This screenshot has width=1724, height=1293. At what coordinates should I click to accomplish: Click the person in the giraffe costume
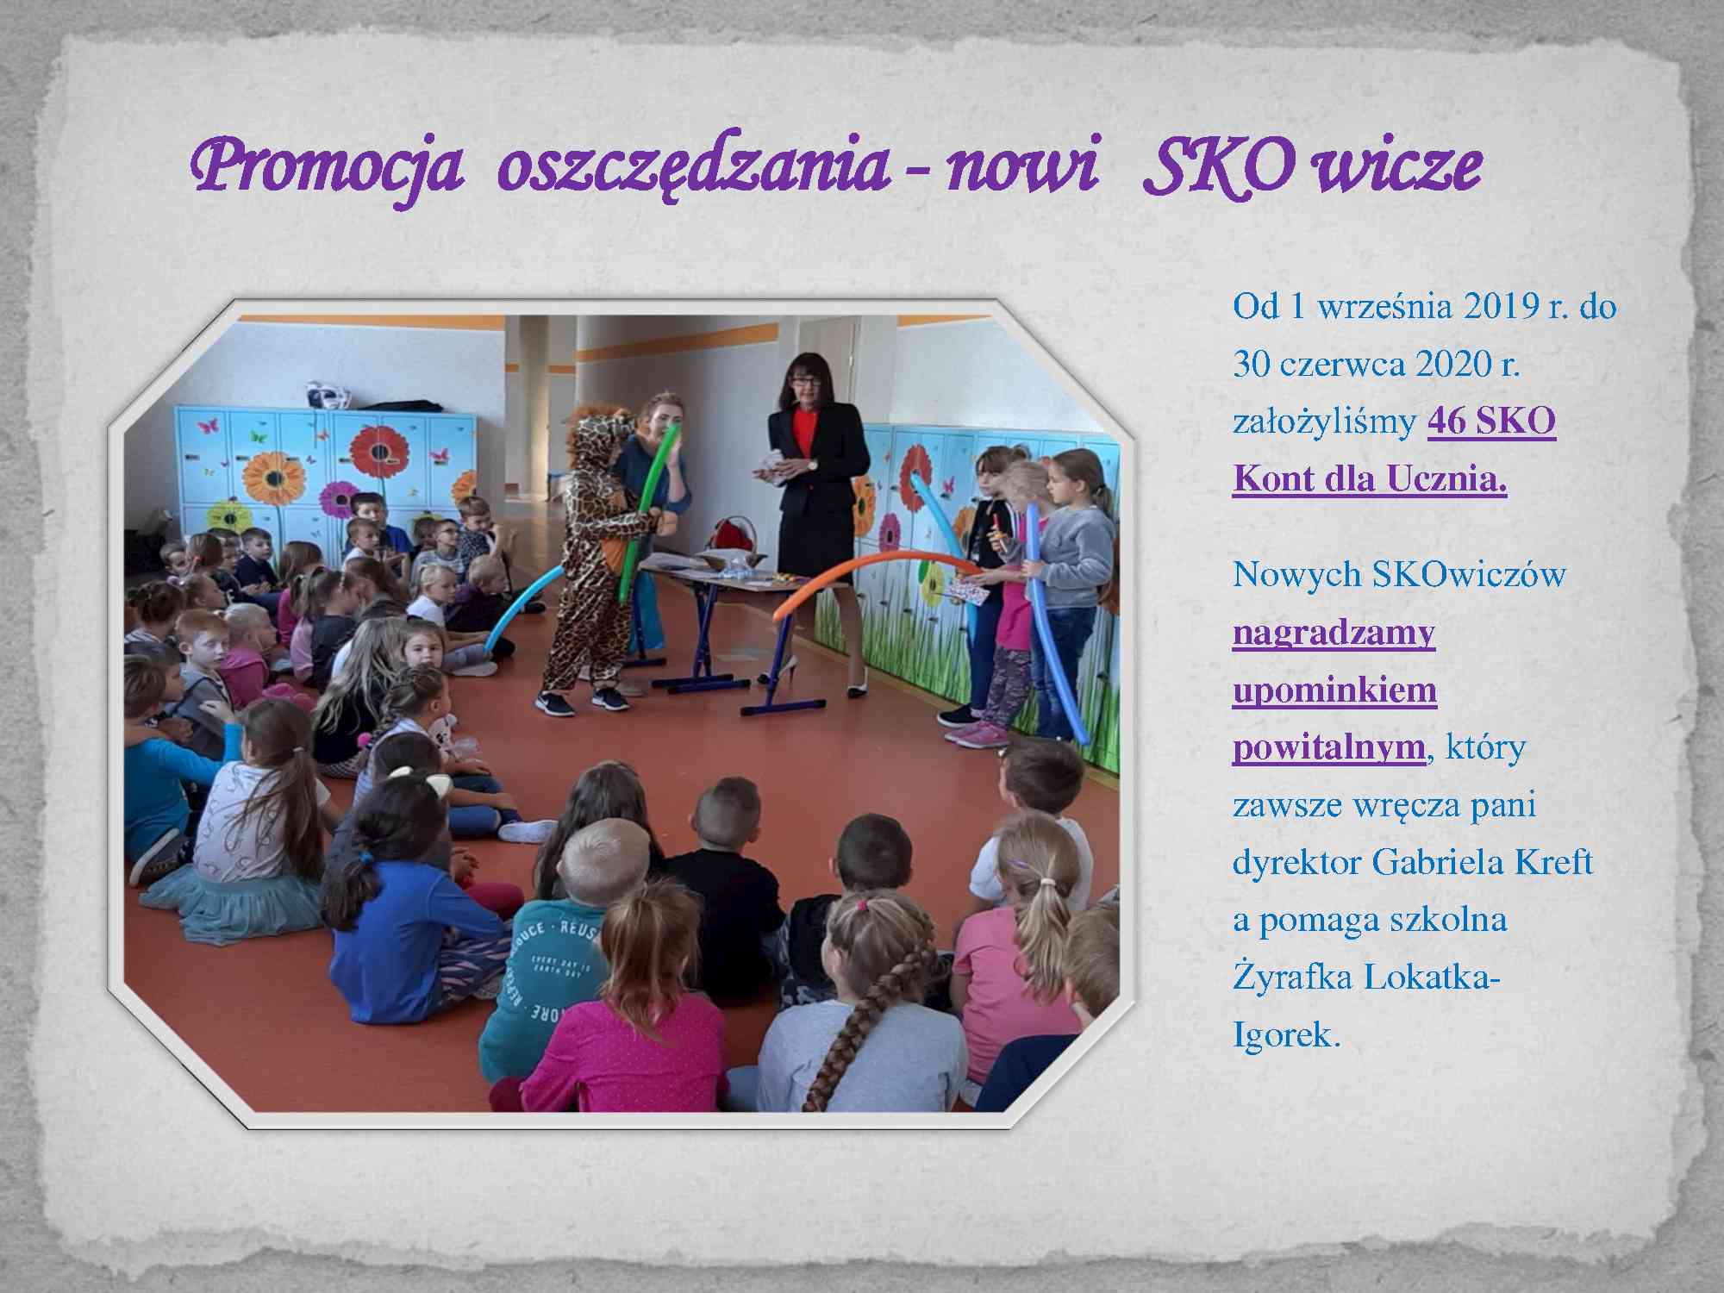point(594,560)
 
